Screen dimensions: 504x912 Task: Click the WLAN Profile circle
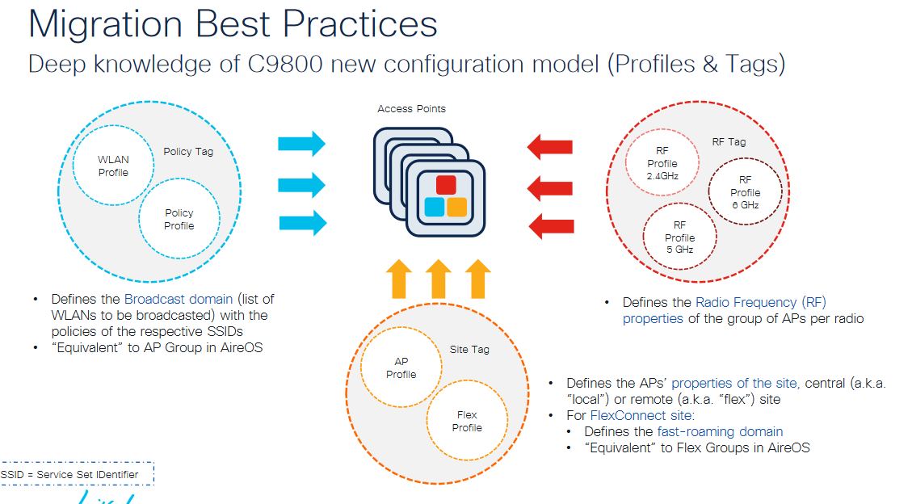tap(113, 166)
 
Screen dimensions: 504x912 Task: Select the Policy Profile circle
tap(179, 219)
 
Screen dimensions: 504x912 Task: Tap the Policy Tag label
tap(188, 151)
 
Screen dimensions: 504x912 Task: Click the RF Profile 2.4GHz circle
tap(662, 163)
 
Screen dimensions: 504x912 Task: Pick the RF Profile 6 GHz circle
tap(745, 192)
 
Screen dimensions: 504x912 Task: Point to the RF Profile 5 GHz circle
tap(679, 237)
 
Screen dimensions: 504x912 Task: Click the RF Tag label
tap(729, 141)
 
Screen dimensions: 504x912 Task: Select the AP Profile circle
tap(401, 368)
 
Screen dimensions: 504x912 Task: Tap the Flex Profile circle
tap(466, 421)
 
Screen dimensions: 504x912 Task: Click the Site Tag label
tap(469, 350)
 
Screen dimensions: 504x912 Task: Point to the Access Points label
tap(411, 109)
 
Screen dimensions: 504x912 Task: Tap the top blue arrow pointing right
tap(301, 145)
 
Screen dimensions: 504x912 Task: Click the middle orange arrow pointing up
tap(438, 279)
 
